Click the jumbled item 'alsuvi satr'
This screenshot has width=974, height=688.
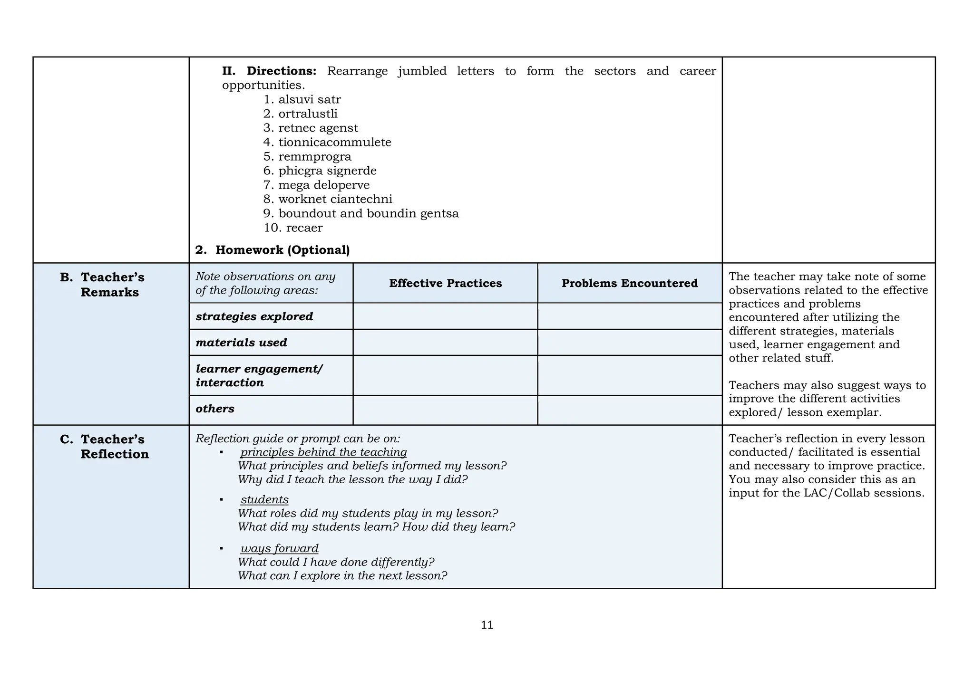[309, 100]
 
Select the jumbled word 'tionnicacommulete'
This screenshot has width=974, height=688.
[335, 143]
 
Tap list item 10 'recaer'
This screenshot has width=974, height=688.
[304, 228]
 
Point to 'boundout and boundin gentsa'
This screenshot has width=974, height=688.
[369, 214]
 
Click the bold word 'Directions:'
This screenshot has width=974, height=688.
[282, 71]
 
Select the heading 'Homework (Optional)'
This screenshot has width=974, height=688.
[282, 250]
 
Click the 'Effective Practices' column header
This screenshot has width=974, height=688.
[445, 283]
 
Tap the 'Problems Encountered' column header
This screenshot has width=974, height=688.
[630, 283]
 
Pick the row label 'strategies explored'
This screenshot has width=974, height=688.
[254, 316]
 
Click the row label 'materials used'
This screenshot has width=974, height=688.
[242, 343]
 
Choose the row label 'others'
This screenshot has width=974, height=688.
[215, 409]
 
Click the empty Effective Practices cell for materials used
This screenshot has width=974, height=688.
[445, 343]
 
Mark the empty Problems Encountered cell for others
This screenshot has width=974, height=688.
[630, 410]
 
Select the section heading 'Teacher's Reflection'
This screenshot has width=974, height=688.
[114, 447]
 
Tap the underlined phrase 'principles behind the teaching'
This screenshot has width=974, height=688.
[323, 452]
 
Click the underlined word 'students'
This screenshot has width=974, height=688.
[264, 500]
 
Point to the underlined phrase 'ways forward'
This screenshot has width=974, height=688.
[280, 548]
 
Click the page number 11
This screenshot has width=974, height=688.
[487, 625]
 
